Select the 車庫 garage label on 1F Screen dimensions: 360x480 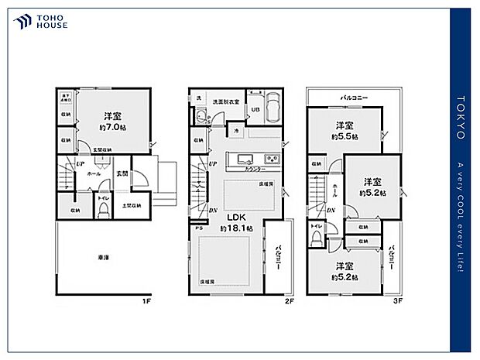point(103,257)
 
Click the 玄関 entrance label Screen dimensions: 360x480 point(122,174)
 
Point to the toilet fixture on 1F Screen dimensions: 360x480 point(103,210)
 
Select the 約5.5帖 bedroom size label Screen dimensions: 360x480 point(345,136)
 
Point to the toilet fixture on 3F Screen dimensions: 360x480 point(316,238)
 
